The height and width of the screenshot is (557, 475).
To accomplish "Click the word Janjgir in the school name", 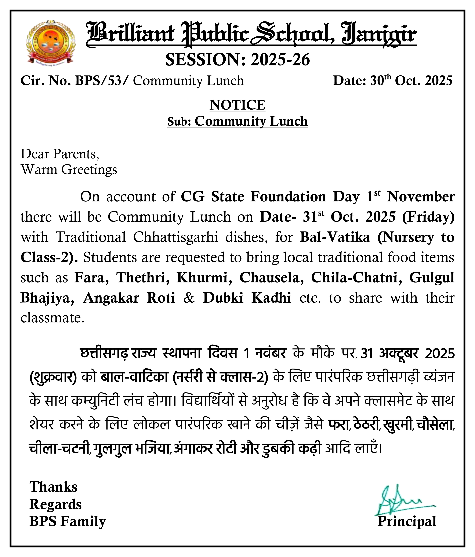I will [x=379, y=35].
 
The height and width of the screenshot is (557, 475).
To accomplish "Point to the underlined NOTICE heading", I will [x=237, y=105].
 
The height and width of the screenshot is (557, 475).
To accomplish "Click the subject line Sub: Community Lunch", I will [x=237, y=121].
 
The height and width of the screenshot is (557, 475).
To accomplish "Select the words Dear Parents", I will [x=60, y=154].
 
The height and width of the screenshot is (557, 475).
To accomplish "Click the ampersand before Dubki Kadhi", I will [x=189, y=298].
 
